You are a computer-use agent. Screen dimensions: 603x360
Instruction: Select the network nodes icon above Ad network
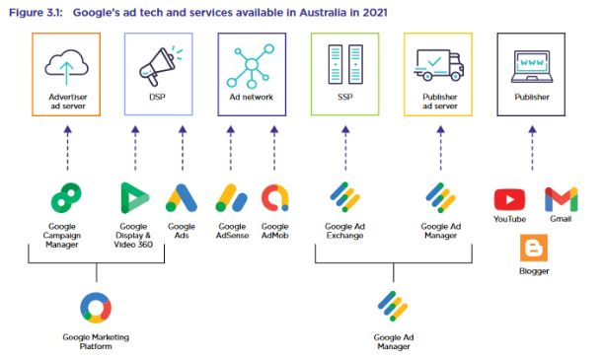coord(251,66)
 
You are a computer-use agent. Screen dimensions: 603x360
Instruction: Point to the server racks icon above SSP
coord(345,64)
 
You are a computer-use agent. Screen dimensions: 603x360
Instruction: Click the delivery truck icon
coord(439,65)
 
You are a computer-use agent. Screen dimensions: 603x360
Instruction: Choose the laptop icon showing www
coord(532,67)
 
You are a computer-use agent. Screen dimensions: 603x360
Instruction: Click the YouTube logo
coord(509,200)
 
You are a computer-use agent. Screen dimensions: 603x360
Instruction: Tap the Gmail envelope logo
coord(562,199)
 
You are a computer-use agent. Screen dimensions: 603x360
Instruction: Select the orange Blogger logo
coord(534,249)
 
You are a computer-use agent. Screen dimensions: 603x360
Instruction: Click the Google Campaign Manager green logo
coord(66,198)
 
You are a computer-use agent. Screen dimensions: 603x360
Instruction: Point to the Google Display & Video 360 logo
coord(134,198)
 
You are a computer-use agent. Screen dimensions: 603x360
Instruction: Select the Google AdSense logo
coord(231,198)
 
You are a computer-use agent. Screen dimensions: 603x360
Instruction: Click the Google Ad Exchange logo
coord(345,197)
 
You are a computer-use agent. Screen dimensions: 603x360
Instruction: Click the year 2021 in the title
coord(375,13)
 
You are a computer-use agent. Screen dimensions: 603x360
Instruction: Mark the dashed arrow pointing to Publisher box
coord(532,148)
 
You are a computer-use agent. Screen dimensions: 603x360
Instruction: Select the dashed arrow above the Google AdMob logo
coord(274,148)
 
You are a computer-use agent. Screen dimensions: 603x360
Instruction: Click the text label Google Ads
coord(182,231)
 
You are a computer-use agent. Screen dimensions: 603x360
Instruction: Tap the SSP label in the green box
coord(345,98)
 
